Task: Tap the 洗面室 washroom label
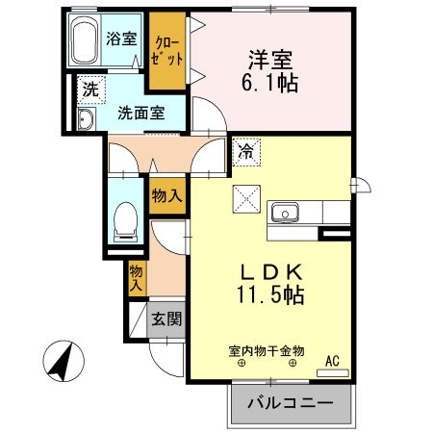coord(140,112)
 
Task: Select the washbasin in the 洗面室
coord(85,119)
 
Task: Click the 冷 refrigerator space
coord(244,149)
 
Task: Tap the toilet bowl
coord(125,220)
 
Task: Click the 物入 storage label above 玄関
coord(137,277)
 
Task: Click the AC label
coord(333,361)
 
